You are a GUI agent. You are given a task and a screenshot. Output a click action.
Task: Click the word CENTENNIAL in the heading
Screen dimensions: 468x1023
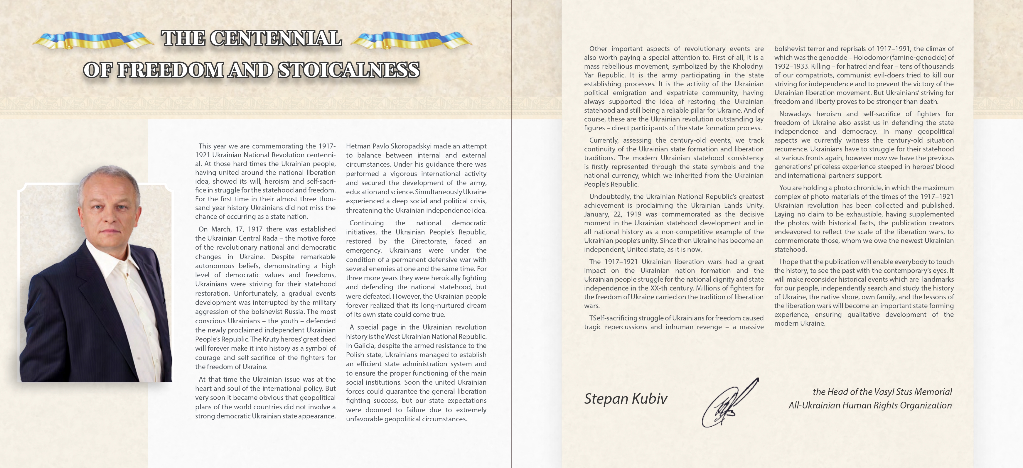pyautogui.click(x=275, y=38)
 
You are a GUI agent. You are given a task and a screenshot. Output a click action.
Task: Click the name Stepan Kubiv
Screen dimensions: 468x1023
pyautogui.click(x=626, y=398)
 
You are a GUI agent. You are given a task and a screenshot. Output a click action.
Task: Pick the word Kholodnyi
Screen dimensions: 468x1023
pyautogui.click(x=746, y=66)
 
